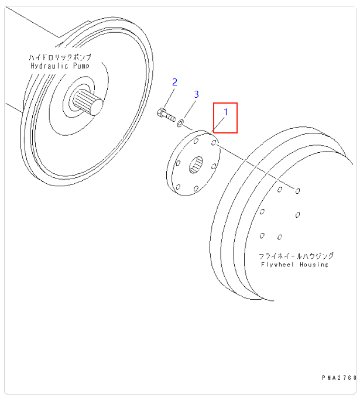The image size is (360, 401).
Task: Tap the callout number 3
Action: pyautogui.click(x=196, y=94)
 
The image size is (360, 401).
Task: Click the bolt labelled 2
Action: pyautogui.click(x=167, y=115)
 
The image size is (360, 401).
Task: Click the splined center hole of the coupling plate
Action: pyautogui.click(x=197, y=164)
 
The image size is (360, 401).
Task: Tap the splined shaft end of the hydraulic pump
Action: pyautogui.click(x=94, y=107)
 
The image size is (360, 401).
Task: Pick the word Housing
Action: pyautogui.click(x=314, y=265)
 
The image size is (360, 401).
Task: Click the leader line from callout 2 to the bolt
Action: pyautogui.click(x=170, y=97)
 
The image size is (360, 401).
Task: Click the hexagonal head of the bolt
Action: pyautogui.click(x=162, y=113)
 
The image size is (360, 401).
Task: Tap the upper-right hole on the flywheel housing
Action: pyautogui.click(x=298, y=191)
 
